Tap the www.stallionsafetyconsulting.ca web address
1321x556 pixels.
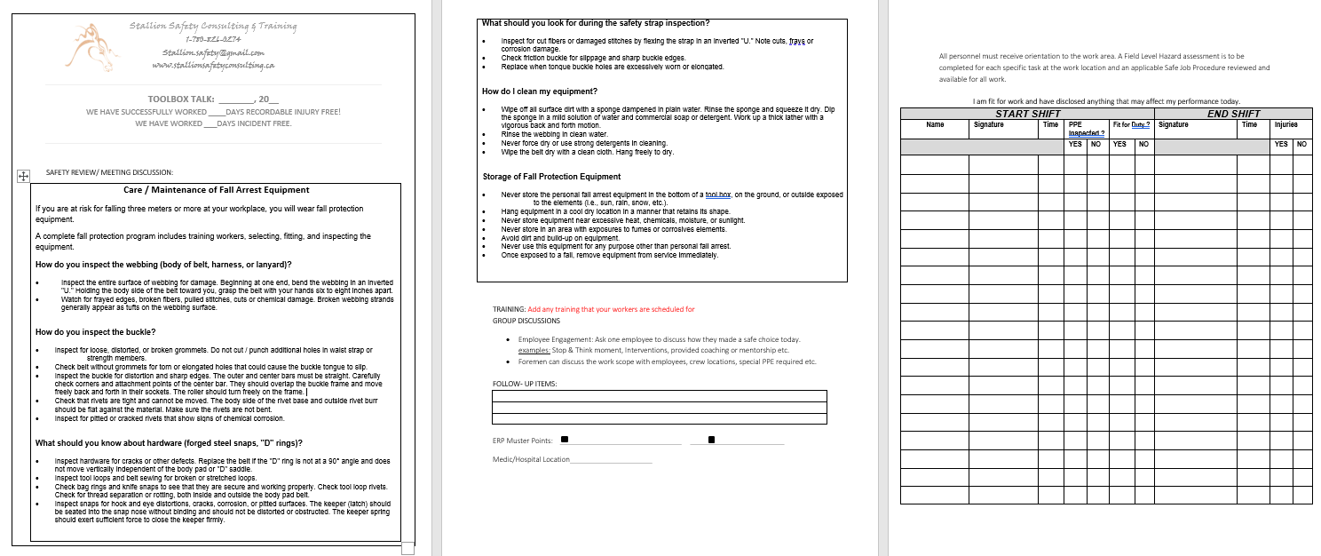[213, 65]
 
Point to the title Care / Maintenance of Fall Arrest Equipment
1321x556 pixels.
[216, 190]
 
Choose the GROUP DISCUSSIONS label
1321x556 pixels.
[526, 320]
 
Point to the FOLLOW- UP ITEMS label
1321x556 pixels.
[525, 383]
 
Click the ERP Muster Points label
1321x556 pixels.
[522, 441]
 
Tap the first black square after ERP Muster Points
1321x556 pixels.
[566, 440]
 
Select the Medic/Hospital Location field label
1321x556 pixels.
[530, 459]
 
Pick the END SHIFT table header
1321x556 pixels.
[1233, 114]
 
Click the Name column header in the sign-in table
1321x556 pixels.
[934, 126]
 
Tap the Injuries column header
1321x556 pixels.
[1290, 126]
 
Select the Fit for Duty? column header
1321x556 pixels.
[1131, 126]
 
